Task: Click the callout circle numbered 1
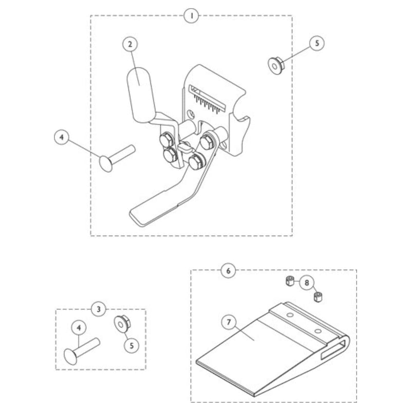tap(191, 16)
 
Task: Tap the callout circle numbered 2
tap(130, 44)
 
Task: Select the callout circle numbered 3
tap(99, 309)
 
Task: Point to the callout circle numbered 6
tap(228, 269)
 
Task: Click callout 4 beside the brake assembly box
tap(62, 138)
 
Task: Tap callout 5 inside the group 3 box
tap(131, 346)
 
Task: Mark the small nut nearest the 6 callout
tap(289, 281)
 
